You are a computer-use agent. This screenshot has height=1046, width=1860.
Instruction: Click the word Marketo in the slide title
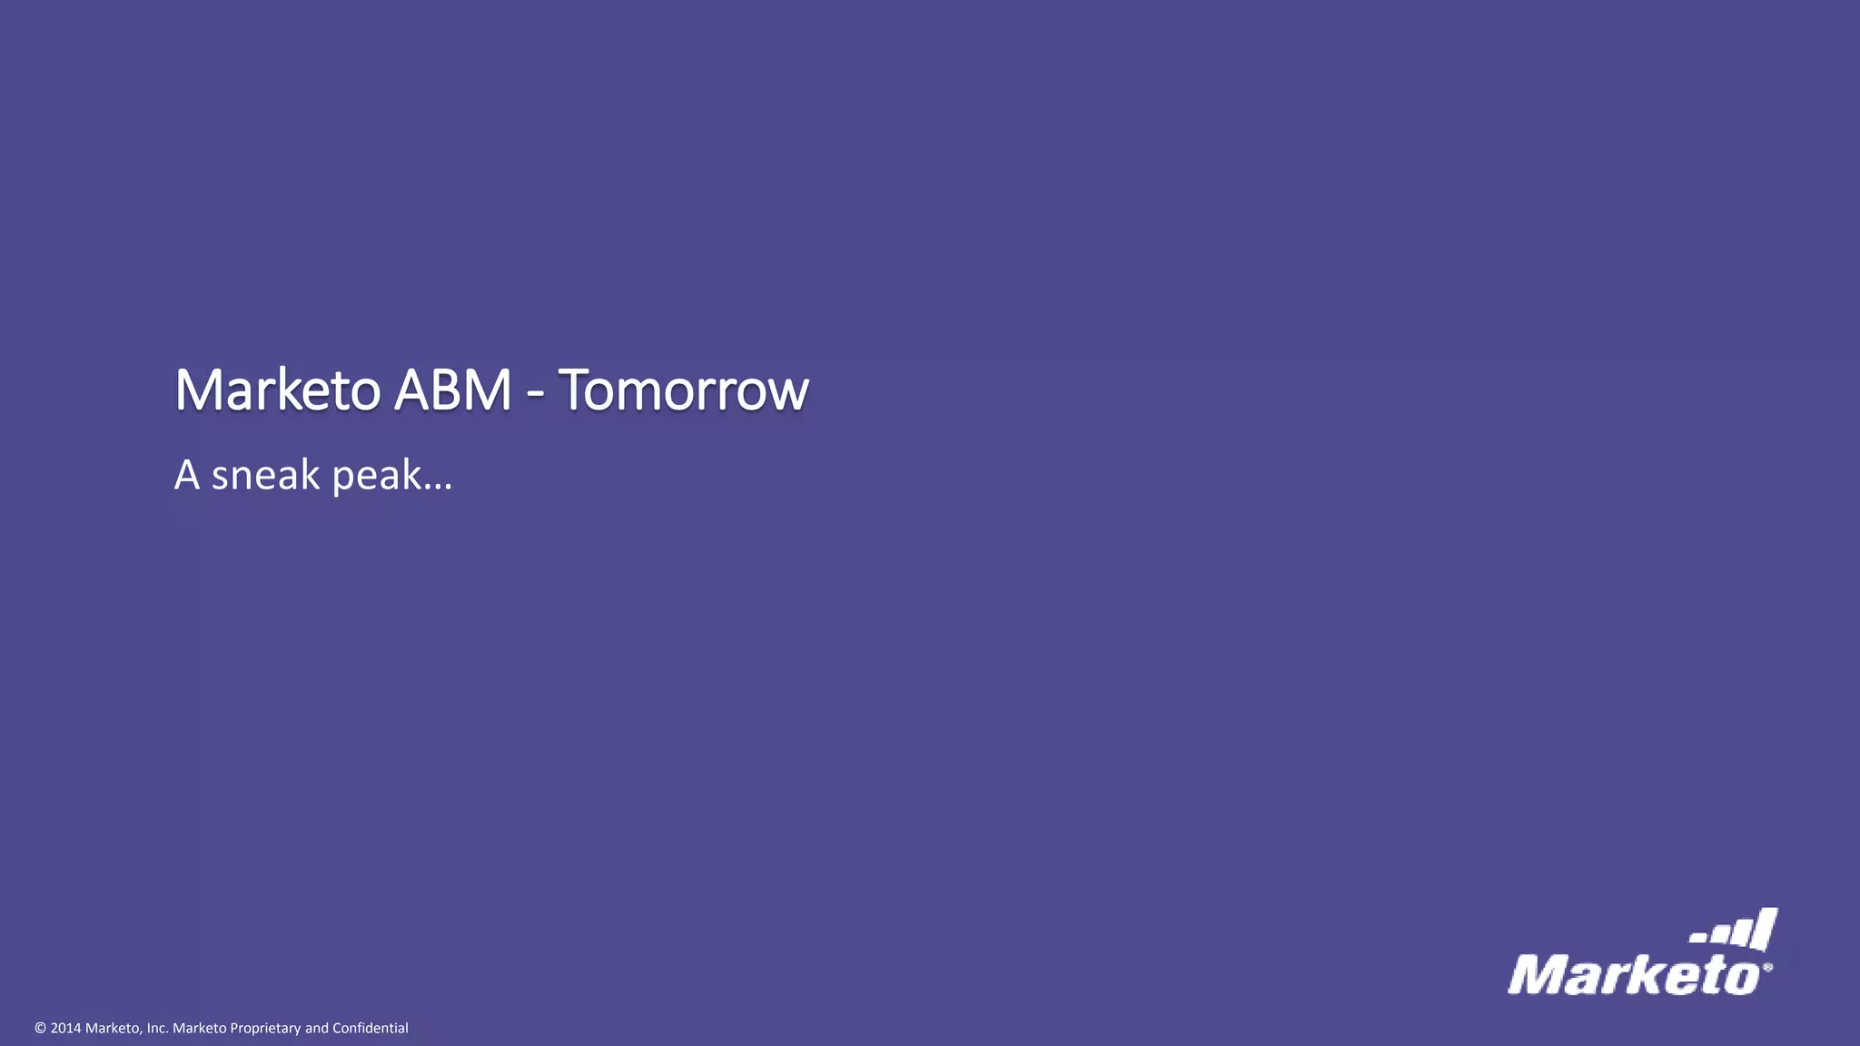[x=277, y=390]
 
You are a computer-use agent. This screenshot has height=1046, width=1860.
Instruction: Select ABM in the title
[x=452, y=390]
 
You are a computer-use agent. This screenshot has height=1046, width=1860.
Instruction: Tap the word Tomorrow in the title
[x=683, y=390]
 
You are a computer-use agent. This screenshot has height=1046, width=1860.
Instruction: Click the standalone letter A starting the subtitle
[x=186, y=475]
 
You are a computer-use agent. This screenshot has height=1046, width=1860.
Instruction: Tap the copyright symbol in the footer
[x=40, y=1029]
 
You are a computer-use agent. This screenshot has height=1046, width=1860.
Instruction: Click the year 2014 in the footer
[x=65, y=1029]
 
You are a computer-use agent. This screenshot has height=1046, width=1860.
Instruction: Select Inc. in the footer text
[x=157, y=1029]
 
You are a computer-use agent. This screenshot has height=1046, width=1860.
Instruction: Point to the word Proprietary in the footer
[x=265, y=1029]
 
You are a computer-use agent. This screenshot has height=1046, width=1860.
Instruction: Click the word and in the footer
[x=317, y=1029]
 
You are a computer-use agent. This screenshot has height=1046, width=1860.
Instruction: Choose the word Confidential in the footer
[x=371, y=1029]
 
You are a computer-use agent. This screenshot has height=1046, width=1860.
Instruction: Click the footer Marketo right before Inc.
[x=114, y=1029]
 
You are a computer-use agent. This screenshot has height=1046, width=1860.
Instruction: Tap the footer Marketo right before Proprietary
[x=200, y=1029]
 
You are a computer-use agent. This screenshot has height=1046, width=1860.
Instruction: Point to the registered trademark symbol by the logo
[x=1767, y=968]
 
